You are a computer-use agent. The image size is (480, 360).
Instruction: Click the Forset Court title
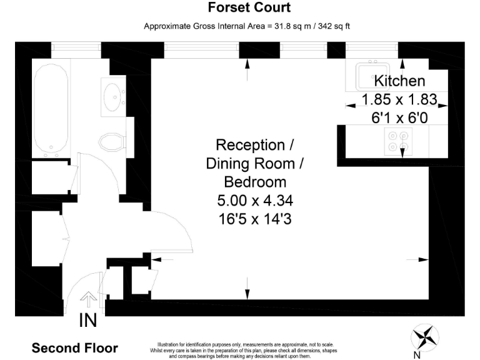249,7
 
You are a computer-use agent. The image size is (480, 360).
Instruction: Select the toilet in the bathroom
112,142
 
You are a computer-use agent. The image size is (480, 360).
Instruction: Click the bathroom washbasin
112,97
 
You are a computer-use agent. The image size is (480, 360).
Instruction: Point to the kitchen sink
372,76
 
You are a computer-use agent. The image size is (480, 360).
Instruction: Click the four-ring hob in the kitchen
398,141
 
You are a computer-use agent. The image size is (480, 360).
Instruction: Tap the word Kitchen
399,81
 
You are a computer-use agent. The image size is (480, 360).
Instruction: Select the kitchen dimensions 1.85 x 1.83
399,99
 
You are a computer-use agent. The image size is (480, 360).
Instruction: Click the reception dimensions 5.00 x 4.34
255,201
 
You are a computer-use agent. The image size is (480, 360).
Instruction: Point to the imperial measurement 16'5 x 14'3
255,219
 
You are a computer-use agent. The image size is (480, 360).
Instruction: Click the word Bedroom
255,182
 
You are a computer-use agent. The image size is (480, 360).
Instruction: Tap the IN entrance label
88,320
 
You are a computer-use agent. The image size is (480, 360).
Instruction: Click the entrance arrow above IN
89,299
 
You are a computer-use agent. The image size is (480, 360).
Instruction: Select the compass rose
425,337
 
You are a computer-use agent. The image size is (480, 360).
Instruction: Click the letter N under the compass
417,355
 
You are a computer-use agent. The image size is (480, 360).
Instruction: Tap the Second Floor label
75,348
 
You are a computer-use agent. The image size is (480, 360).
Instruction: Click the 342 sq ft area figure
334,26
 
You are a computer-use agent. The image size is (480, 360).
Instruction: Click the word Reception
251,145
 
